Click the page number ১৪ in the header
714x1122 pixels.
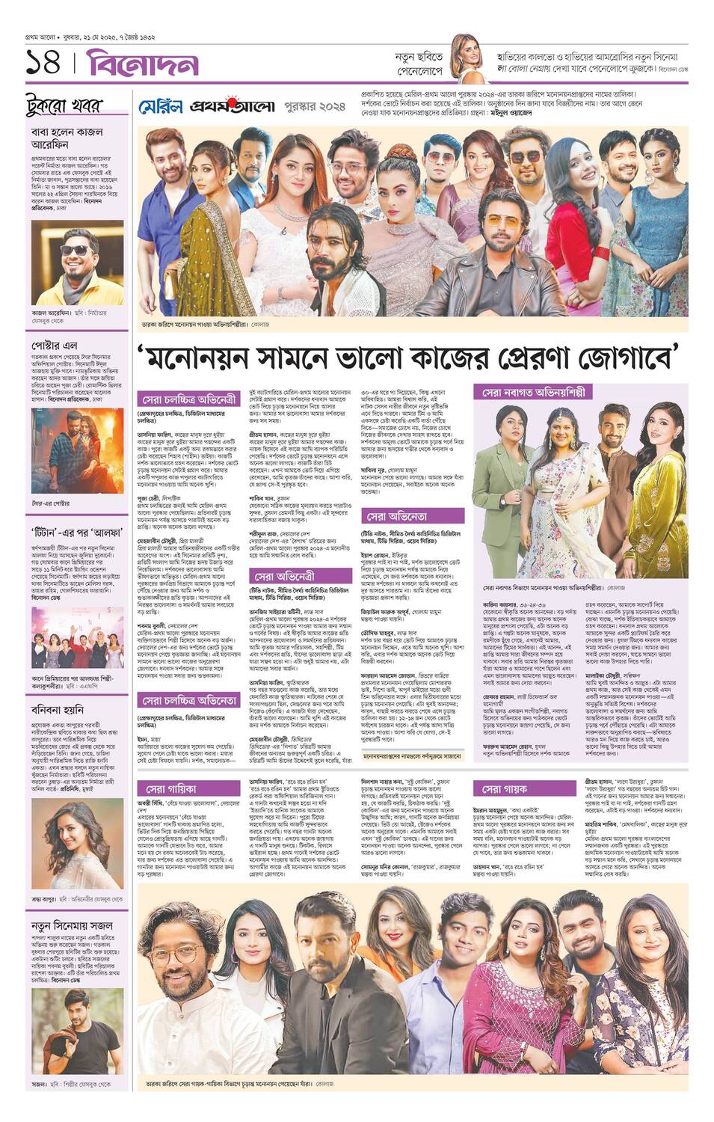tap(43, 64)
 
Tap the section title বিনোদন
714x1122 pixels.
tap(142, 64)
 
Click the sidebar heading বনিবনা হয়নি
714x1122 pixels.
tap(58, 709)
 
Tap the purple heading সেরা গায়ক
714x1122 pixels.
tap(505, 788)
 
